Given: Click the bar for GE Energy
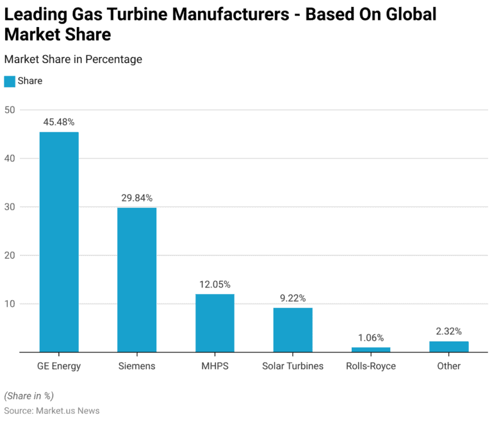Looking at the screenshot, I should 59,242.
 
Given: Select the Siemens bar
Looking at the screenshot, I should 136,280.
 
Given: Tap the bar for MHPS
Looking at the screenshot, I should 215,323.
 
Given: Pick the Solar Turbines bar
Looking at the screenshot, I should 293,330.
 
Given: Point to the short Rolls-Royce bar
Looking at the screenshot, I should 371,350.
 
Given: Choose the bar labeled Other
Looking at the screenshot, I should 448,347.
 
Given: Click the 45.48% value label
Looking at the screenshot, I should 59,121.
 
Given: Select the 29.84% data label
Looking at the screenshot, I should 136,198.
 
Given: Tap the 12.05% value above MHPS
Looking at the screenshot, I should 215,284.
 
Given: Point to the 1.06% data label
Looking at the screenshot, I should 371,338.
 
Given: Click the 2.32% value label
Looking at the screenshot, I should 448,331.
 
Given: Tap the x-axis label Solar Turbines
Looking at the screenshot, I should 293,366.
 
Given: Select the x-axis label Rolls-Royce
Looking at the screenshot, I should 371,366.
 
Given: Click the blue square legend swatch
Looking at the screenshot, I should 10,82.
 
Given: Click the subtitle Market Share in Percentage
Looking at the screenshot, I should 73,59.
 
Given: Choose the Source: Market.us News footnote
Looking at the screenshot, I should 52,410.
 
